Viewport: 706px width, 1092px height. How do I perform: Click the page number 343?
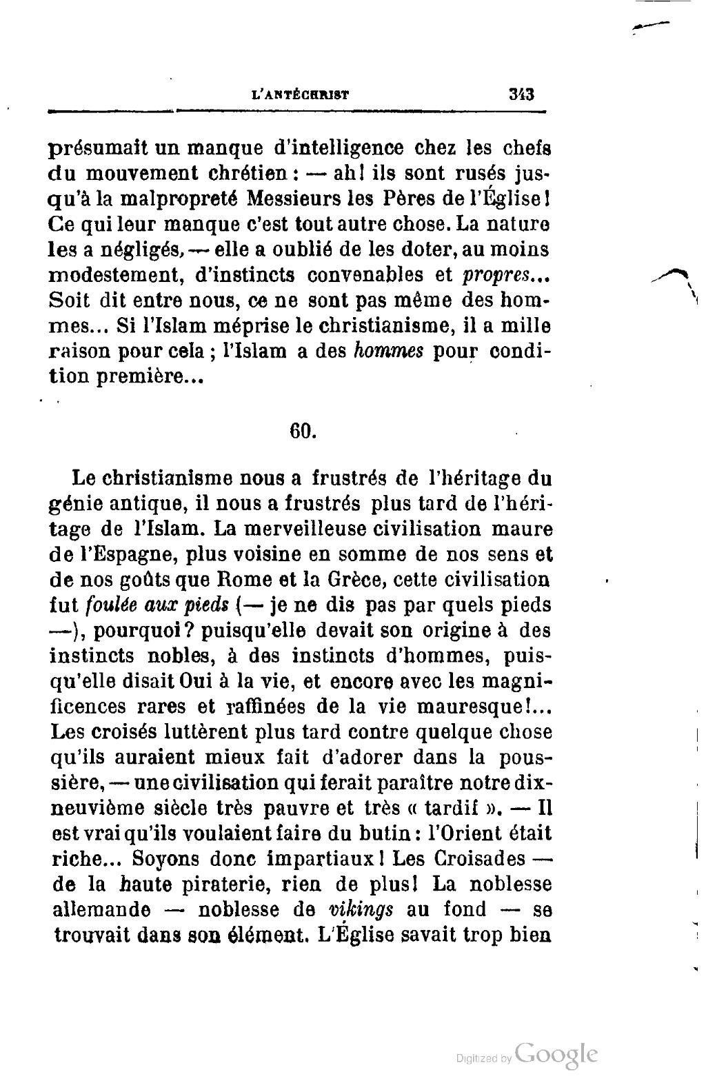pyautogui.click(x=521, y=94)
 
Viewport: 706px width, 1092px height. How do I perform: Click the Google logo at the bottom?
pyautogui.click(x=556, y=1054)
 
